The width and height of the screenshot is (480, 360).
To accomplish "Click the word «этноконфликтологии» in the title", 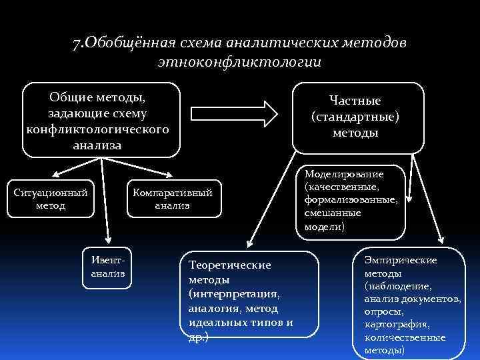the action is coord(239,62).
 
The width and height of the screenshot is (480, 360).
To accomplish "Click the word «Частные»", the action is coord(355,101).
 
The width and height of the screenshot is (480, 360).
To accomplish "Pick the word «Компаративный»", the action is coord(173,193).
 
